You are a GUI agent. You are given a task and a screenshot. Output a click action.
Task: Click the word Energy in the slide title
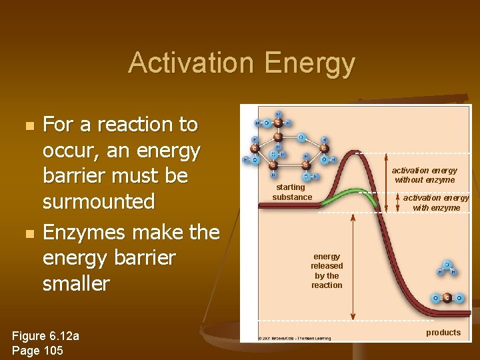pos(309,64)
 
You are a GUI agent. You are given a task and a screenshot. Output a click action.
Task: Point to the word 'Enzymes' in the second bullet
pos(85,232)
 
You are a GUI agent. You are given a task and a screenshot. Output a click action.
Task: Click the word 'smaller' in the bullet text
pos(76,283)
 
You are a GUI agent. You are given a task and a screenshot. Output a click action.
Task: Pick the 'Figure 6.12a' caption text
pos(45,336)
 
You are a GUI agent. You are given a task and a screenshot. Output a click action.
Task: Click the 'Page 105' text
pos(37,350)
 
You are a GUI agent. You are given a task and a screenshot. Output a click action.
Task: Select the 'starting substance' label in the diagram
pos(292,192)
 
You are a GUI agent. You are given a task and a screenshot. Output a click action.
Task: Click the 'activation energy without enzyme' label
pos(425,175)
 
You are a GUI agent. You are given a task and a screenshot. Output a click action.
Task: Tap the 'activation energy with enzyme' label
pos(436,203)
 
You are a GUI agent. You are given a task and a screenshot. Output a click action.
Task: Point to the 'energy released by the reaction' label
pos(327,271)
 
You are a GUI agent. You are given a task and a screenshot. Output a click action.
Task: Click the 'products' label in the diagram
pos(443,332)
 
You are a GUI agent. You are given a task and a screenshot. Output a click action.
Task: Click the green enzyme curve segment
pos(347,194)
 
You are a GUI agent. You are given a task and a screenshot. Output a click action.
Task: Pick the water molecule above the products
pos(445,268)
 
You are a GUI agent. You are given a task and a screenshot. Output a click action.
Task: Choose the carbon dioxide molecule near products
pos(447,298)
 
